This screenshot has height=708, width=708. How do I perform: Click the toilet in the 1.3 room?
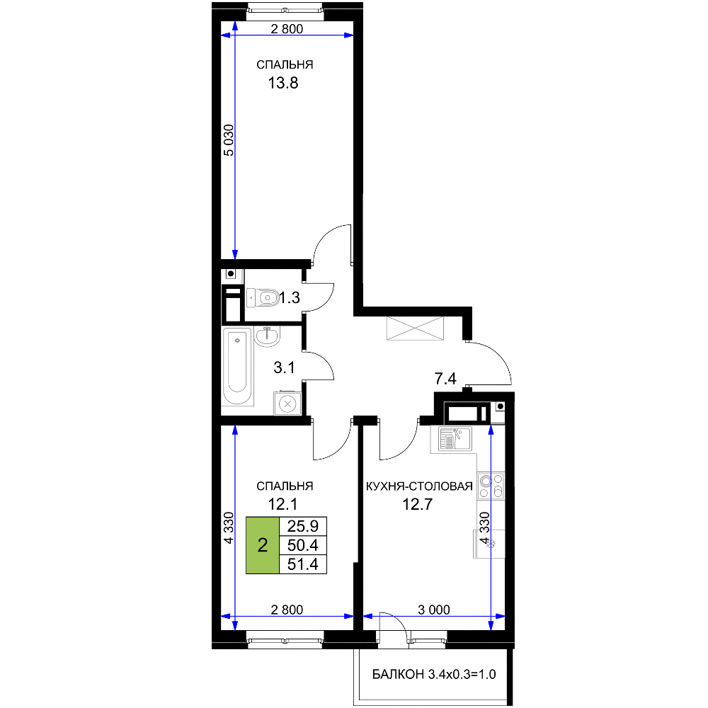point(263,297)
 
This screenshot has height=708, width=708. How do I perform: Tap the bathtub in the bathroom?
point(237,366)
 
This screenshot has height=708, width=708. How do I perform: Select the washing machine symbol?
point(287,404)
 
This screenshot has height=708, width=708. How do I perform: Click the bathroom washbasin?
point(268,336)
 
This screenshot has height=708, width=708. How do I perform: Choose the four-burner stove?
point(491,486)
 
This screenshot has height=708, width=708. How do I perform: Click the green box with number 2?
point(263,545)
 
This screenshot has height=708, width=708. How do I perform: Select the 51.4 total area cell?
point(303,564)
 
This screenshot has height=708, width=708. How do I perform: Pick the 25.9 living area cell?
point(303,527)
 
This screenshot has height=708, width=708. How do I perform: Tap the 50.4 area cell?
point(303,545)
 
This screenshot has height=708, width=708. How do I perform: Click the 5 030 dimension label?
point(229,140)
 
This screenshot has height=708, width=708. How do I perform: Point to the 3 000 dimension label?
point(434,610)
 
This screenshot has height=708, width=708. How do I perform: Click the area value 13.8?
point(283,83)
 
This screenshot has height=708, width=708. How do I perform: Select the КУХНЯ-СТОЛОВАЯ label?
point(419,486)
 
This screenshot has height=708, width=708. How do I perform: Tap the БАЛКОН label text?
point(398,675)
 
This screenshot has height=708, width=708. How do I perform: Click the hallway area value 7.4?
point(445,379)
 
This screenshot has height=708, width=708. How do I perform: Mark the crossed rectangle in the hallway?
point(415,329)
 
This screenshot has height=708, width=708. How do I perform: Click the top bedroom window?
point(285,8)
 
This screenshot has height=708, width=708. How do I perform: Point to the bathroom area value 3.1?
point(284,367)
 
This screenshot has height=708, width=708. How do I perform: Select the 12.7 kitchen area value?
point(418,504)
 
